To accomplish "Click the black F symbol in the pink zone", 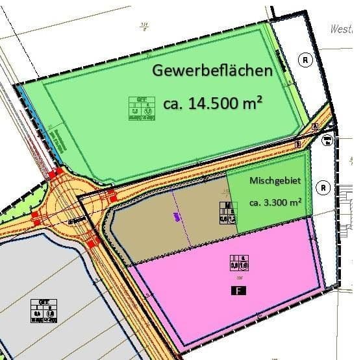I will point(238,291).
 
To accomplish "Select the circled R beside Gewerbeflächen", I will point(306,60).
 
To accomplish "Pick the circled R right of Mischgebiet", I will point(323,188).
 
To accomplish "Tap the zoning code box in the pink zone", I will point(238,263).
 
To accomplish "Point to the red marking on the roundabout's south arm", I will point(92,243).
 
